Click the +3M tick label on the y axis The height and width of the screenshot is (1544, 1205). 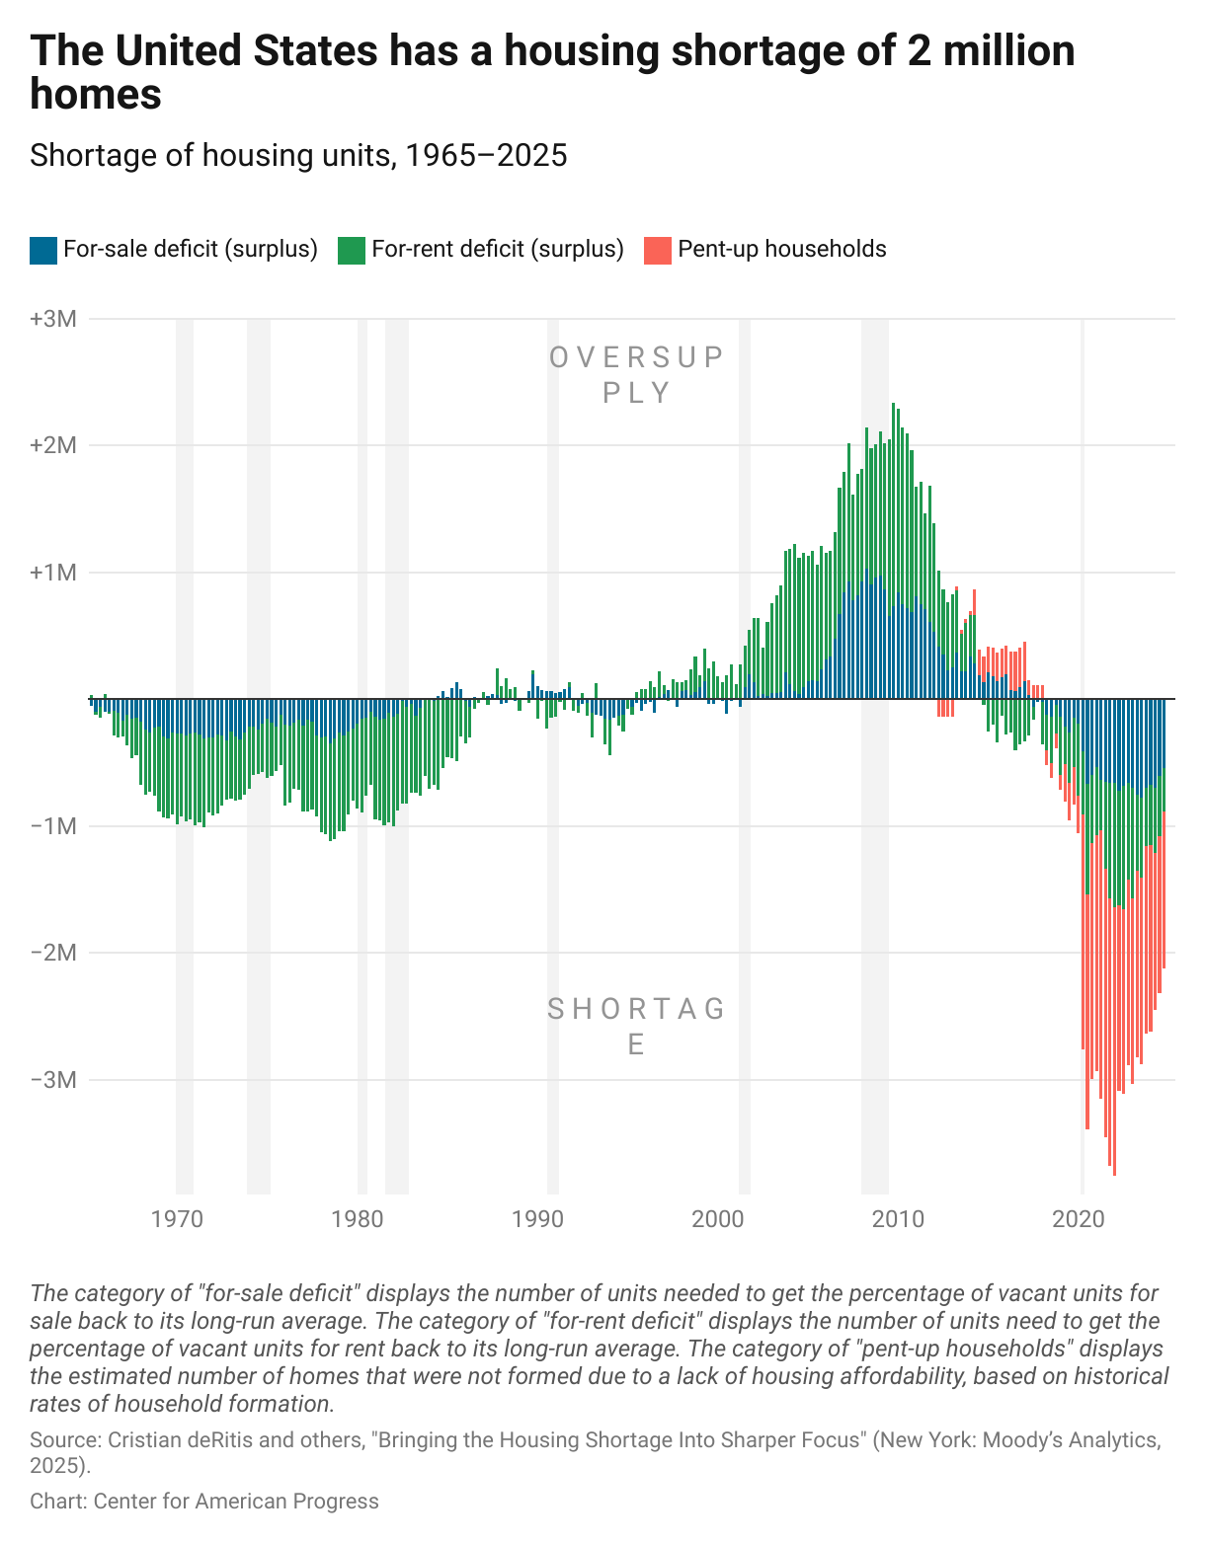click(x=53, y=319)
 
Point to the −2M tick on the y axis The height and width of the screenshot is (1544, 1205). click(x=53, y=953)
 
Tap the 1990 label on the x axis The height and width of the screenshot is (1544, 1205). click(x=537, y=1219)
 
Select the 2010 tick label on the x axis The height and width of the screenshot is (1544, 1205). click(x=898, y=1219)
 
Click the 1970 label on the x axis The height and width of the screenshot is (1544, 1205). click(x=177, y=1219)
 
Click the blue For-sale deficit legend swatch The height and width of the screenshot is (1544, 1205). click(x=43, y=250)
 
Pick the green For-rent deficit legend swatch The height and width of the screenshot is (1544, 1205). click(x=351, y=250)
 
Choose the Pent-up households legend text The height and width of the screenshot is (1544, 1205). click(x=781, y=249)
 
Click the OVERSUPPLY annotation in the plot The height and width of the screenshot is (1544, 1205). click(x=637, y=374)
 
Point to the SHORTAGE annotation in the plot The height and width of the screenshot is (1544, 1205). click(x=637, y=1026)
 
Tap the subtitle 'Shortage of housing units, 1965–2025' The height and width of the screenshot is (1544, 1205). click(x=298, y=155)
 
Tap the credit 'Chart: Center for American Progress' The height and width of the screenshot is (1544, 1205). click(x=204, y=1502)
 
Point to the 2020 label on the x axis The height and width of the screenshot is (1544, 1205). click(x=1079, y=1219)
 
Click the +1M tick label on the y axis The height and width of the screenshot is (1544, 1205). click(x=53, y=573)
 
